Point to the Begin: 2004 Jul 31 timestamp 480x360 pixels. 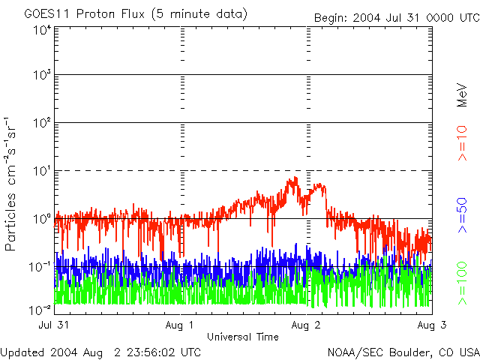(396, 16)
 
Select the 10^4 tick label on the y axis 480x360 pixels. (42, 30)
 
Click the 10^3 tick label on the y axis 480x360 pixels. (42, 76)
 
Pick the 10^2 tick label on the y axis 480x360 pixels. (42, 123)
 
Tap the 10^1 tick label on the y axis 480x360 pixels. (42, 171)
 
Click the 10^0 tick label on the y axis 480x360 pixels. (42, 219)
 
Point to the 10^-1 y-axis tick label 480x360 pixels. (40, 266)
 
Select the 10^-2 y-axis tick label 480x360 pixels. (40, 308)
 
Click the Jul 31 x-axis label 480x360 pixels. (54, 325)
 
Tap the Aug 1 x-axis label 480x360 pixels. (181, 325)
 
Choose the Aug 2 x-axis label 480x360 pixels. (307, 325)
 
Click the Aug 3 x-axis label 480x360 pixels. (431, 325)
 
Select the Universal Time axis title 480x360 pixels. (244, 336)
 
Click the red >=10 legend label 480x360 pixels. (463, 145)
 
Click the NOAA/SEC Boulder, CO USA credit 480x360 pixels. (403, 352)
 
